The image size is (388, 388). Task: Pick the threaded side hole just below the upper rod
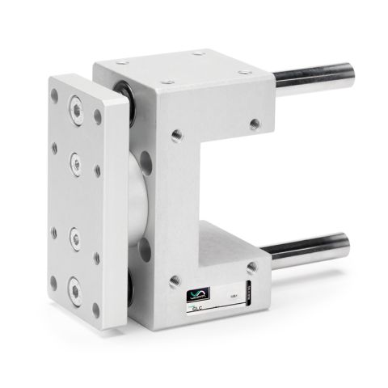(255, 124)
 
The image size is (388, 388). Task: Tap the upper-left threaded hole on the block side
(173, 130)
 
